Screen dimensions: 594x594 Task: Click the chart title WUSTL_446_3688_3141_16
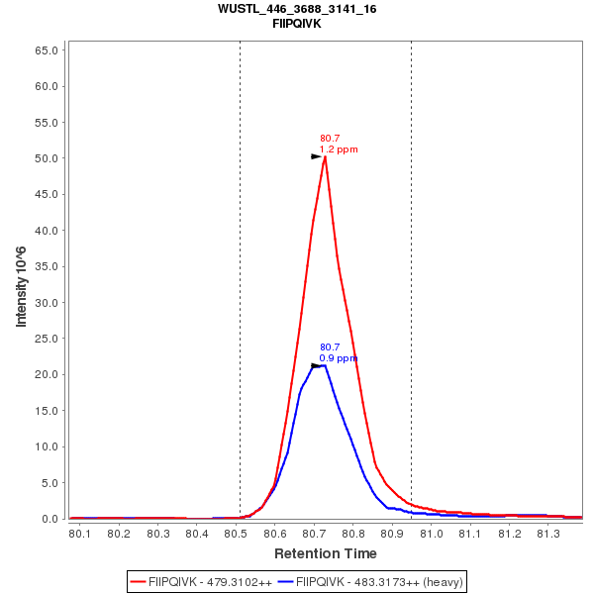[x=297, y=9]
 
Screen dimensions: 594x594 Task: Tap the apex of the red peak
[x=325, y=156]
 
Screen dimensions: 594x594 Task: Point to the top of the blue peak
[x=322, y=365]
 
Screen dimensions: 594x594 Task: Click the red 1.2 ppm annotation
[x=339, y=149]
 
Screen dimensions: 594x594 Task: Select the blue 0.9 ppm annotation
[x=339, y=357]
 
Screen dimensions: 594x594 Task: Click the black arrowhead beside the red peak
[x=316, y=156]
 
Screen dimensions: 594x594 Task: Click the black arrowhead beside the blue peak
[x=316, y=365]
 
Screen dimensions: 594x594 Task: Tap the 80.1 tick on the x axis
[x=80, y=534]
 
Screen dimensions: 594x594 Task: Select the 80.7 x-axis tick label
[x=314, y=534]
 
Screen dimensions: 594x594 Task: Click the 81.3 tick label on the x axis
[x=547, y=534]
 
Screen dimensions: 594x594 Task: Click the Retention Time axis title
[x=326, y=553]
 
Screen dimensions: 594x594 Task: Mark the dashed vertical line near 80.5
[x=240, y=277]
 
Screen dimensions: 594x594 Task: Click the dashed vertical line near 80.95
[x=411, y=277]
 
